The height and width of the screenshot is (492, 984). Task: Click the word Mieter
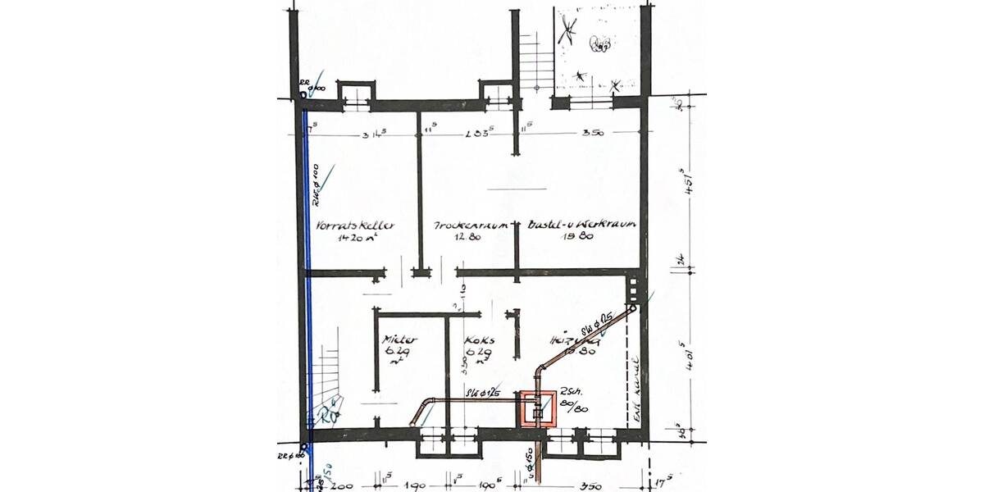click(x=400, y=339)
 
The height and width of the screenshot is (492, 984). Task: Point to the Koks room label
click(x=477, y=339)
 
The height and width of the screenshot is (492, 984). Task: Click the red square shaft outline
click(x=537, y=409)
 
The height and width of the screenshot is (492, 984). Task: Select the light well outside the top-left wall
click(x=357, y=93)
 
